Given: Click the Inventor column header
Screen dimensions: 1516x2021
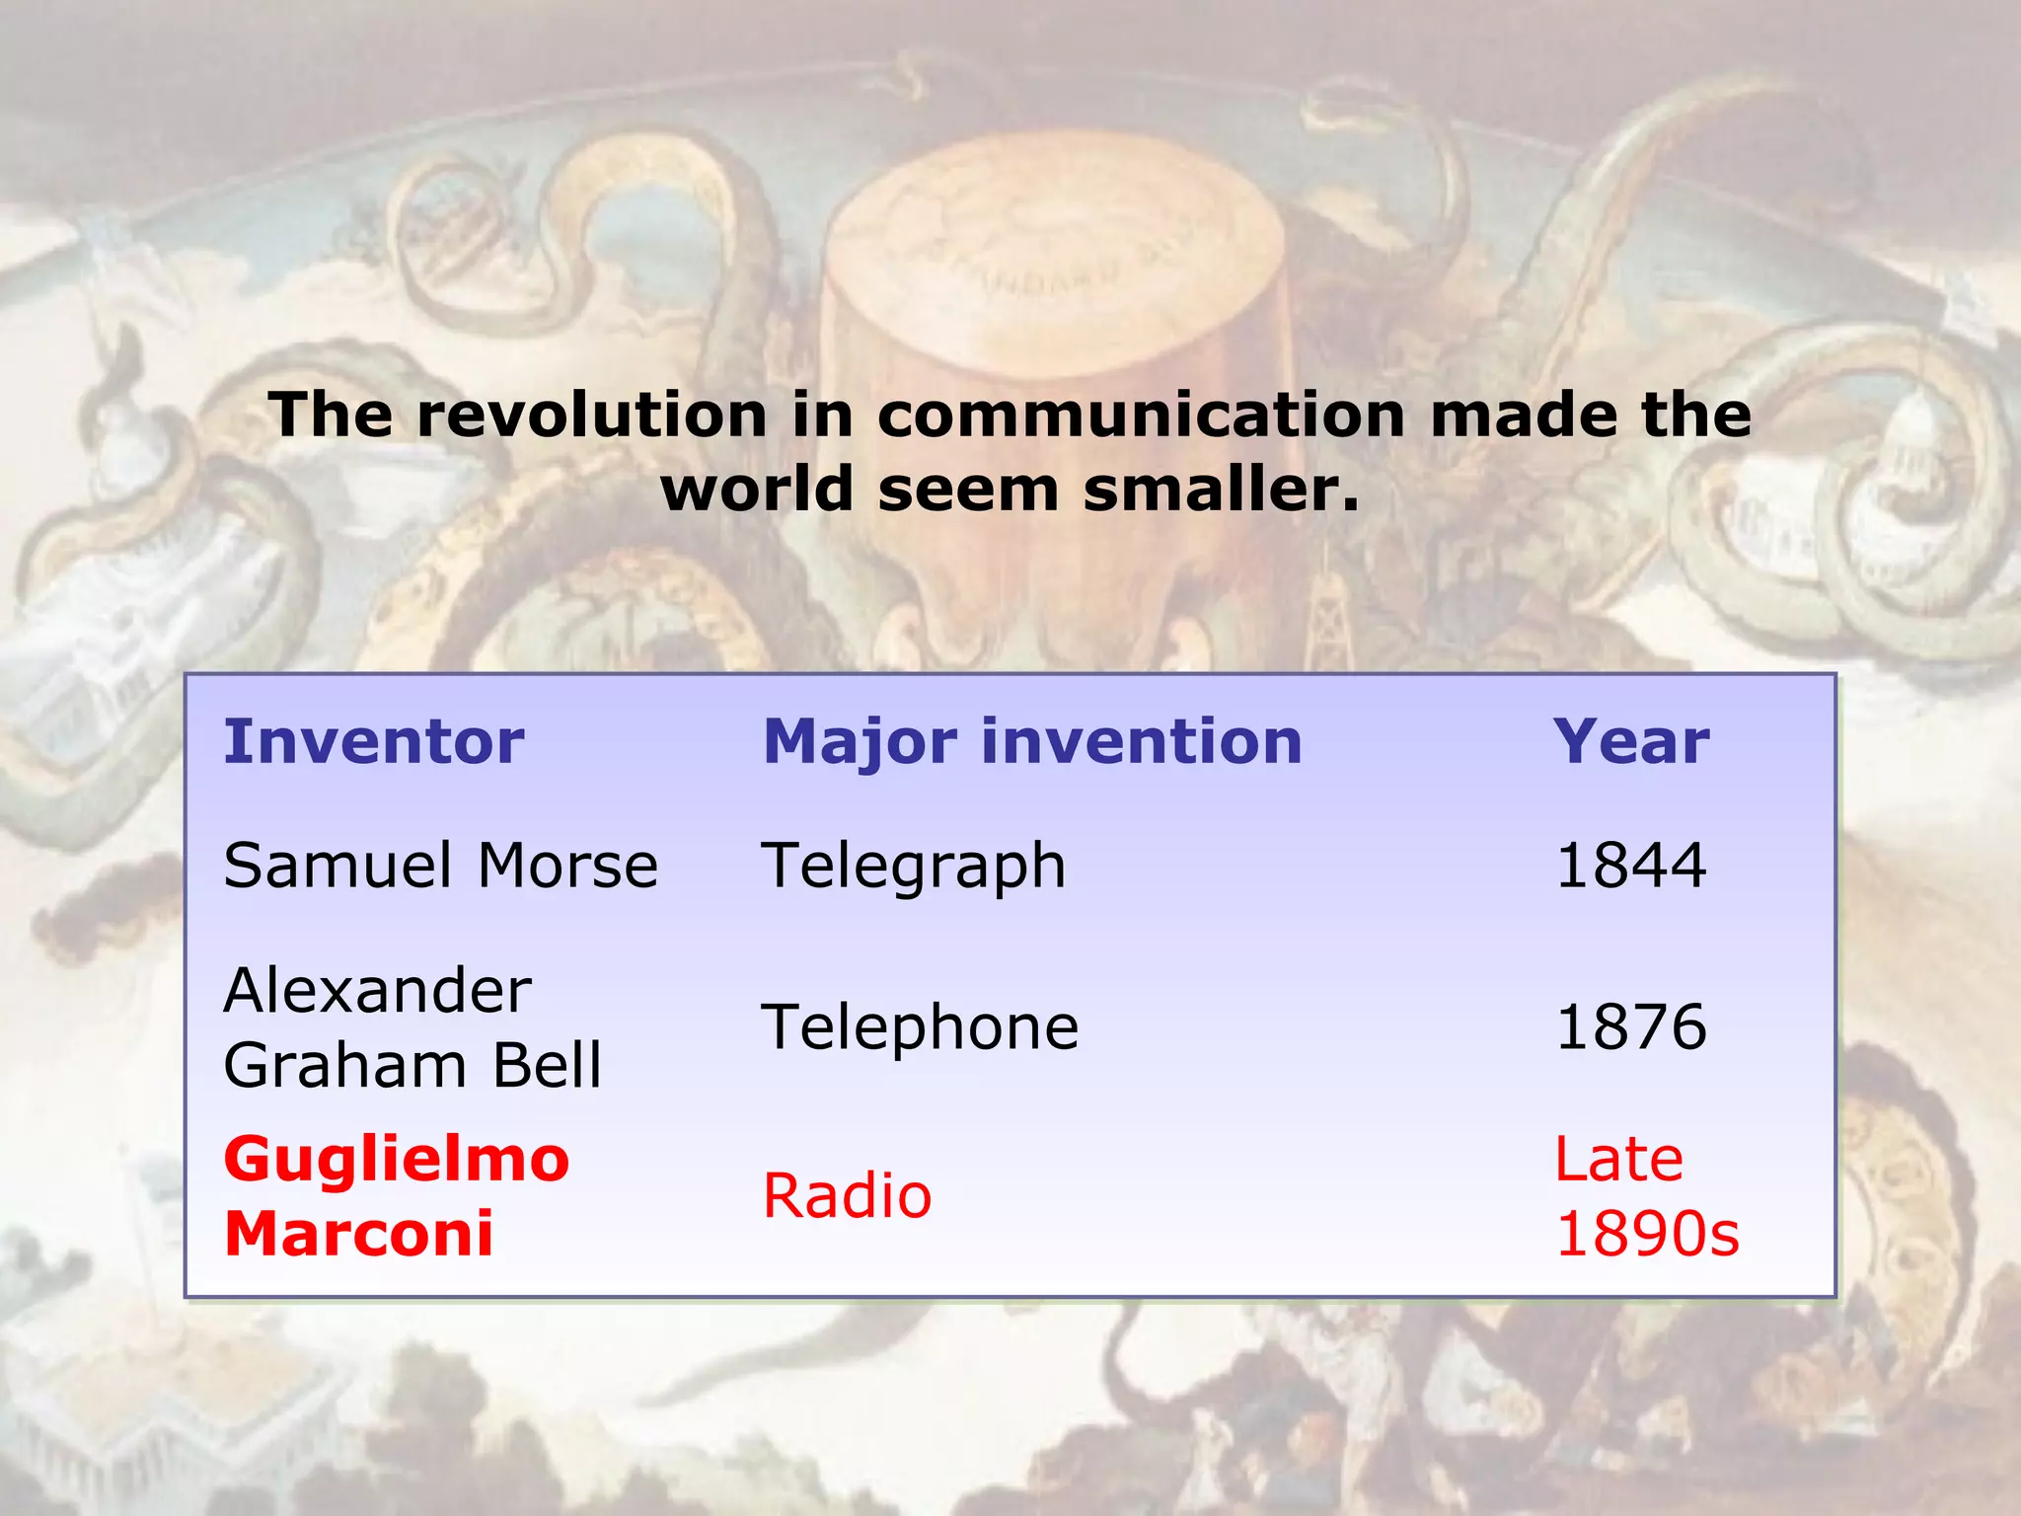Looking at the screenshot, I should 373,741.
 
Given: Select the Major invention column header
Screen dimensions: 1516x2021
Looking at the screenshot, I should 1032,741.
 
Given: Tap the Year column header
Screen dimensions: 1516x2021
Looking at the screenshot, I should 1631,741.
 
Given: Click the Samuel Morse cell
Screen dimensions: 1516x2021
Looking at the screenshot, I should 440,866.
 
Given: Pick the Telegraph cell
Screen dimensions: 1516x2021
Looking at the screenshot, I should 914,866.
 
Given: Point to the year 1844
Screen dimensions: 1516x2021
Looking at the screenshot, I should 1631,866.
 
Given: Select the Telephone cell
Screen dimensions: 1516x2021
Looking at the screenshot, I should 920,1026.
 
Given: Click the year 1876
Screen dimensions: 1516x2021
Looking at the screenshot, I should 1631,1026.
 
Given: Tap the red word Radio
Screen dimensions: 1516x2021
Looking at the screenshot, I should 847,1196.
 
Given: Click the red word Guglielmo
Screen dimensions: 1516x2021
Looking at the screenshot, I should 397,1159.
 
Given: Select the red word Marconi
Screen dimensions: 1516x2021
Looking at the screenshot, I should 358,1234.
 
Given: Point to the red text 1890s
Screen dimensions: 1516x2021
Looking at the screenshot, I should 1647,1234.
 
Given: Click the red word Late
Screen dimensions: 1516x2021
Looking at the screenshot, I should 1618,1159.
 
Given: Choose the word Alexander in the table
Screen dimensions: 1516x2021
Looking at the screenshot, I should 377,990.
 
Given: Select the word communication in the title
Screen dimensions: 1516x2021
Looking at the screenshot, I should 1141,415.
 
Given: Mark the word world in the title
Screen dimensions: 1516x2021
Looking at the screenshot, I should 757,490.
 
